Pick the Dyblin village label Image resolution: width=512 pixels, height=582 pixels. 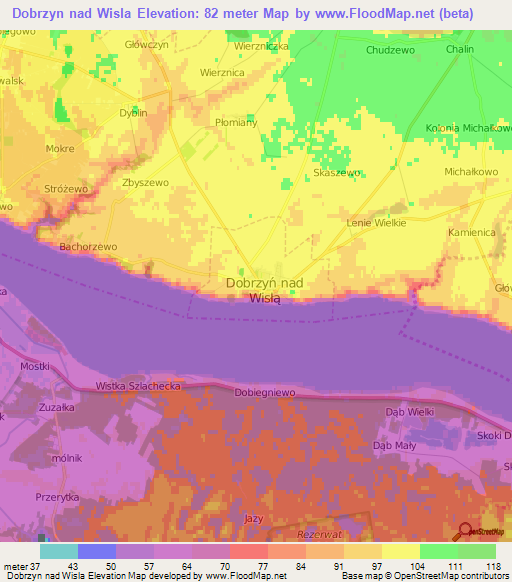pos(133,113)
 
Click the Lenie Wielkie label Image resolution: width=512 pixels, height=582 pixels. pos(376,223)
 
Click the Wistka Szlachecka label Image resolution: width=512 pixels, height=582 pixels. pos(137,385)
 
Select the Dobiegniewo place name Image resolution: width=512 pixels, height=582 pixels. pos(264,394)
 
